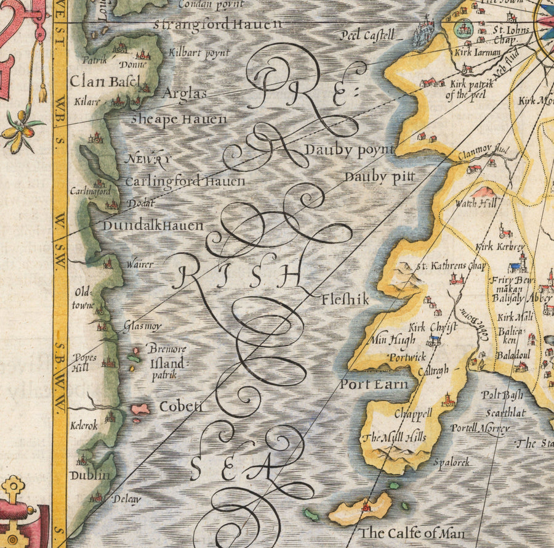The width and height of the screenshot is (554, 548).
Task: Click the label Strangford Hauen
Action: point(218,25)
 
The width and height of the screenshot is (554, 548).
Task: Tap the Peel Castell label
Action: point(366,36)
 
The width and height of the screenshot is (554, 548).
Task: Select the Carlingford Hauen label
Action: point(185,182)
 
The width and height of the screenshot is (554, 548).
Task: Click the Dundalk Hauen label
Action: point(153,226)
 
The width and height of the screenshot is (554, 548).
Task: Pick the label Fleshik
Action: point(345,300)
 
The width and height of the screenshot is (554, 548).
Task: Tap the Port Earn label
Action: point(374,385)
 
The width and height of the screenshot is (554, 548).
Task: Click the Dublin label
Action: point(90,475)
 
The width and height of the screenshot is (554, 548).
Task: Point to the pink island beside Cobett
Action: point(140,409)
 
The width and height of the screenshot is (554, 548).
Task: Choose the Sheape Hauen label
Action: point(179,119)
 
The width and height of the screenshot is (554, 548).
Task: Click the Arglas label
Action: point(184,94)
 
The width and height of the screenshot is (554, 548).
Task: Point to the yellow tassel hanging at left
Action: point(42,92)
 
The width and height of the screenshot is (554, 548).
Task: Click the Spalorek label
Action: point(451,462)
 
